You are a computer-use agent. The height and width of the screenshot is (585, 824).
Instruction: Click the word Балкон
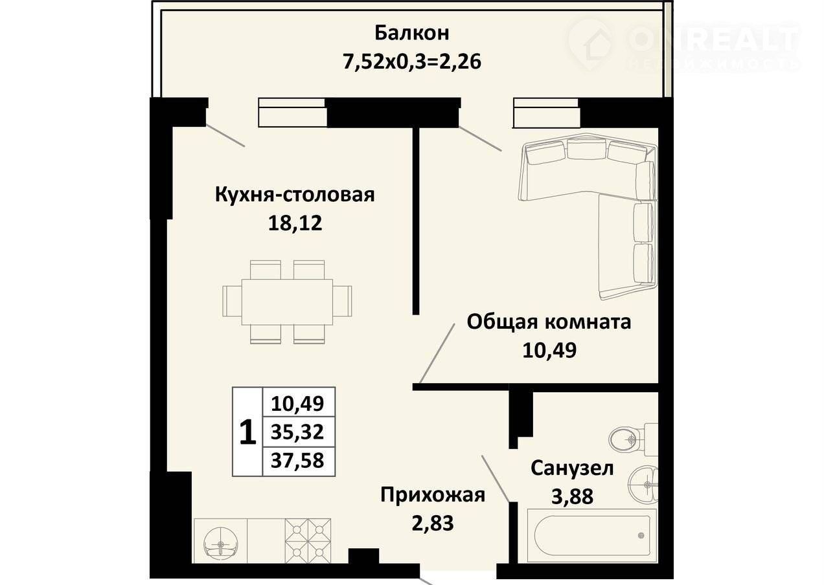411,33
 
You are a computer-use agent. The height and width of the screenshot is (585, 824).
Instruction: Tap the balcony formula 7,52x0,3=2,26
411,61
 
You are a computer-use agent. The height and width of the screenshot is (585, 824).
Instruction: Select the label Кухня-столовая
295,195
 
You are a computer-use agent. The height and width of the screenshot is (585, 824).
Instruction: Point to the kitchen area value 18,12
295,223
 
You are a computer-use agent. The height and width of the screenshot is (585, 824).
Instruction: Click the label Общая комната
549,322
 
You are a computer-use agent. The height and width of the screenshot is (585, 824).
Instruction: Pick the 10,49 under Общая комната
549,350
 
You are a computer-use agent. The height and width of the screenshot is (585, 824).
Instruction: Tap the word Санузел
572,469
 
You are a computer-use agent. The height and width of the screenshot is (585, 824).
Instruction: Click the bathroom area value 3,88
572,496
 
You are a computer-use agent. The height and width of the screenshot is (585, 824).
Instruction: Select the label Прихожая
433,495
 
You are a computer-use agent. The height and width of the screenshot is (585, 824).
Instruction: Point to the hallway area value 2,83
433,524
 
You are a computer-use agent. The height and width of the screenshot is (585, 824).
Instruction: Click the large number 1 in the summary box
247,433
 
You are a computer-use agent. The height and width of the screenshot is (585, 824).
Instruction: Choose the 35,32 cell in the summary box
297,432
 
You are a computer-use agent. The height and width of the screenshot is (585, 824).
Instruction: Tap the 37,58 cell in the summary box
297,461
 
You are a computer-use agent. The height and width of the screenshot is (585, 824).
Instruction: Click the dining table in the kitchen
287,302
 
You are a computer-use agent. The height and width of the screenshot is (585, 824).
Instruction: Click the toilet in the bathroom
633,439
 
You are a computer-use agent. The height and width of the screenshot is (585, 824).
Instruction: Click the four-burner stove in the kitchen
308,546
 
